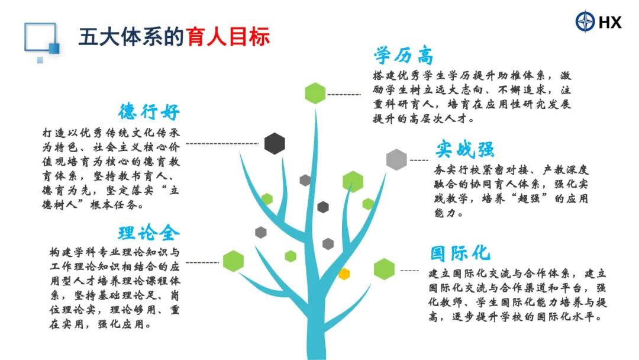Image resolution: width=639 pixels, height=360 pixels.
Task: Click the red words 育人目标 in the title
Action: point(228,37)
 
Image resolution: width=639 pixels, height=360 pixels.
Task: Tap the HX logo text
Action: point(610,22)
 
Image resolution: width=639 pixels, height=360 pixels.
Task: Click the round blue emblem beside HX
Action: point(585,21)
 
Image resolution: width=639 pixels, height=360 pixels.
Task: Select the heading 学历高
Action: point(404,56)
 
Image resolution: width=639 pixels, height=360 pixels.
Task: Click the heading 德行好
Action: point(149,111)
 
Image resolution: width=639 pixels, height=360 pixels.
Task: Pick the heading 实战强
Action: point(464,149)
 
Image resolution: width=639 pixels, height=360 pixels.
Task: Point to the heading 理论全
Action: point(149,233)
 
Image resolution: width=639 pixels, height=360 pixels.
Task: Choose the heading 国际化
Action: point(460,253)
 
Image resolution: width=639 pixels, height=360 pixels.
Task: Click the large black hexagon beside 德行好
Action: point(275,143)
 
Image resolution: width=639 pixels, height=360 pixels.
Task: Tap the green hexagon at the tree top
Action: point(315,93)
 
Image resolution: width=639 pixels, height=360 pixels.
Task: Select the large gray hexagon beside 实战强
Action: point(396,159)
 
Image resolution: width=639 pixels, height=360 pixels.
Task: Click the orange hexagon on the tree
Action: point(344,274)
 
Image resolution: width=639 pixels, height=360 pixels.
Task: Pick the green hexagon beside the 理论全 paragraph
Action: point(234,261)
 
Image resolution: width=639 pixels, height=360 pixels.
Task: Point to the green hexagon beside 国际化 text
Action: point(385,269)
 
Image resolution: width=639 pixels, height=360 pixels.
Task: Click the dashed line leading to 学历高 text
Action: point(344,95)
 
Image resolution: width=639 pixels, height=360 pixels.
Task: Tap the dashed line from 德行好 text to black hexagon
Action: point(222,143)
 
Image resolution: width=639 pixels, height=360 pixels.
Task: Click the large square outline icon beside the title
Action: point(40,37)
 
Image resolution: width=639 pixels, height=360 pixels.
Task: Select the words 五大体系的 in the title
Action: point(132,37)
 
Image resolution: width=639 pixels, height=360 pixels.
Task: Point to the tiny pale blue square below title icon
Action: point(40,60)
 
